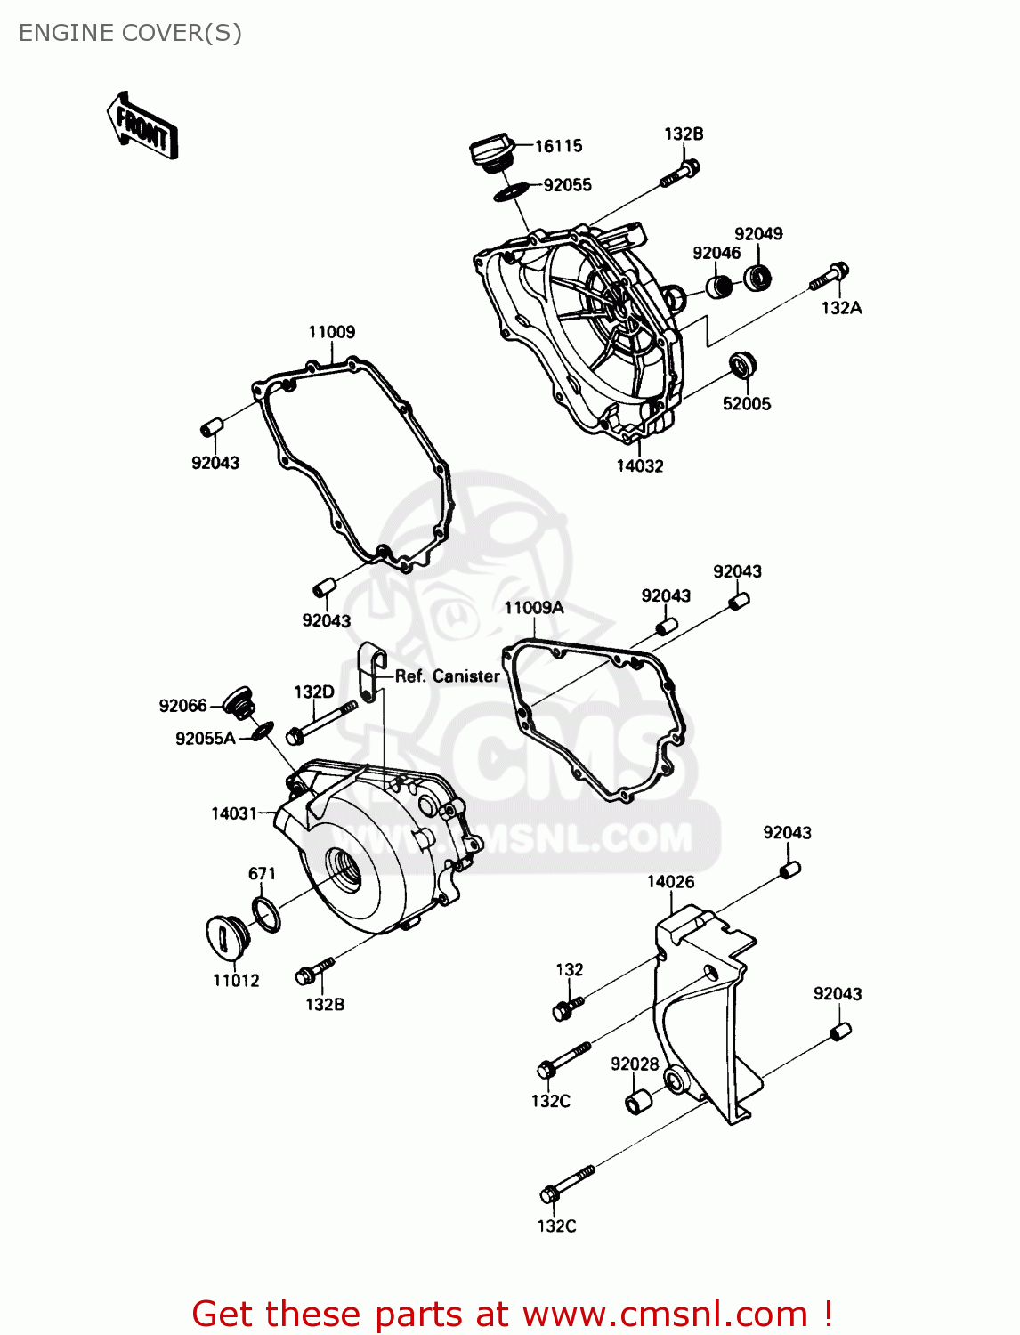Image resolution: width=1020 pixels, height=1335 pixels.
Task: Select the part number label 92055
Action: (567, 185)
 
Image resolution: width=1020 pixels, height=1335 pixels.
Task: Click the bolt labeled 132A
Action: (830, 275)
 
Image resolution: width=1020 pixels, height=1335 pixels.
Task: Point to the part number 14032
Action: (640, 465)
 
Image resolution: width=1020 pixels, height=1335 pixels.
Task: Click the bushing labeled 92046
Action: (718, 287)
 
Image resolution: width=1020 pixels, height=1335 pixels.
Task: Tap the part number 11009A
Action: (534, 608)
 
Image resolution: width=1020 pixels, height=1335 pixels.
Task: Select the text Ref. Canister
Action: (448, 676)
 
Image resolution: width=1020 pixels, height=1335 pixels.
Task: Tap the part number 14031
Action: (233, 813)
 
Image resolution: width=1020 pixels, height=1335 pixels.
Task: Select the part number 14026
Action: (670, 882)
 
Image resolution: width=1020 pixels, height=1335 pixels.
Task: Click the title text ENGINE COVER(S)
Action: (130, 33)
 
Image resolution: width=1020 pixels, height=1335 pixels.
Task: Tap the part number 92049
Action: (758, 234)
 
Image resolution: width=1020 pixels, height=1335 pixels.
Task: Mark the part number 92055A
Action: (205, 739)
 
